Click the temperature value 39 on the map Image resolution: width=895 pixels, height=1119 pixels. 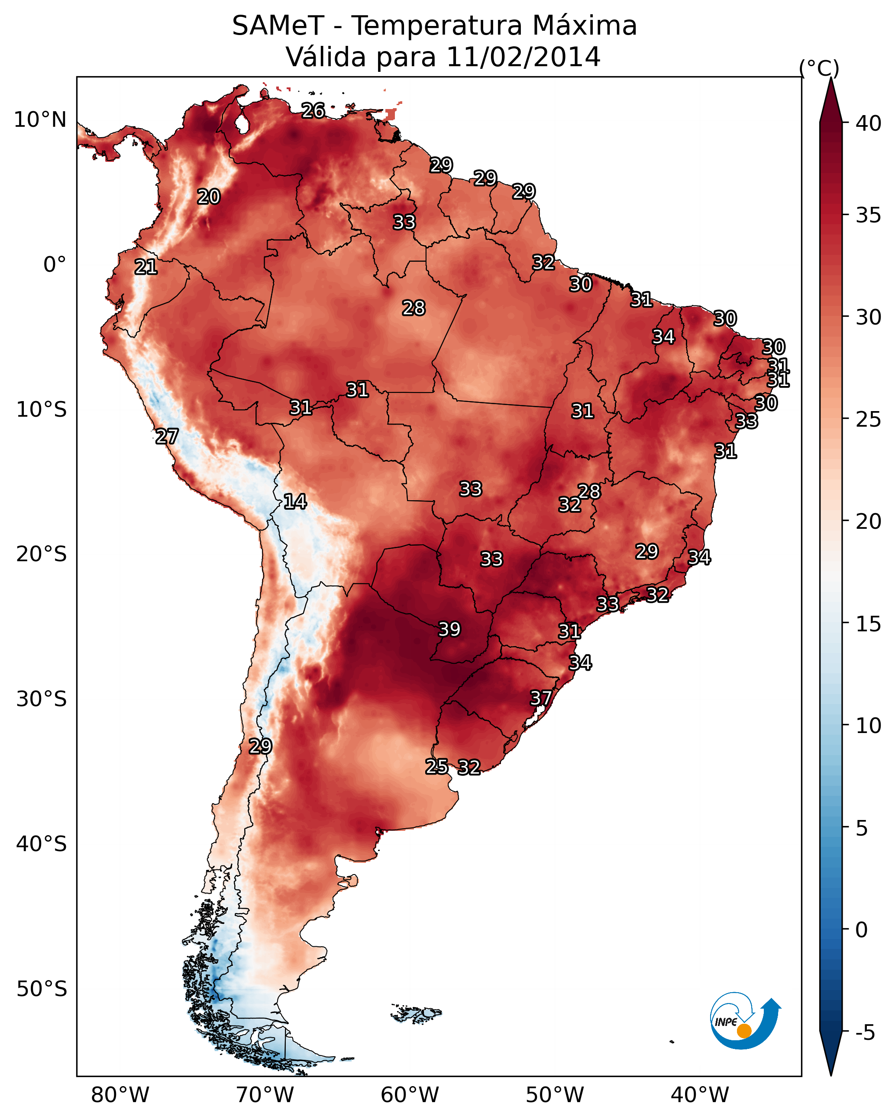[449, 629]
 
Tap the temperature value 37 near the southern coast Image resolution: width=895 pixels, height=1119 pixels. [541, 698]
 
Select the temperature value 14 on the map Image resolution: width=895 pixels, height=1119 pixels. [295, 502]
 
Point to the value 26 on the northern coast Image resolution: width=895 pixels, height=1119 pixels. [313, 110]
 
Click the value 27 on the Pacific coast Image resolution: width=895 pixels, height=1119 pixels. [167, 437]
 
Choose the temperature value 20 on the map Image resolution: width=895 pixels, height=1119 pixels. [209, 197]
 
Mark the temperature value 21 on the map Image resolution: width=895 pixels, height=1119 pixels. [146, 267]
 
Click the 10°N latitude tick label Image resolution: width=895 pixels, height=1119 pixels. [40, 120]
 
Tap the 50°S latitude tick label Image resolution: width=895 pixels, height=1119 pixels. [42, 989]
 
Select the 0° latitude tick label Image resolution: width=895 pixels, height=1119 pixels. [55, 265]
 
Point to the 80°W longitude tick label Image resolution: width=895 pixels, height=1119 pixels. [120, 1095]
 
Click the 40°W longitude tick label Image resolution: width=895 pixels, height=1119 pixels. [700, 1095]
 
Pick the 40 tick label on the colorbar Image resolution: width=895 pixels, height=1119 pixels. [869, 123]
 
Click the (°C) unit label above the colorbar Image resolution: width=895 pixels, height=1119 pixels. [819, 68]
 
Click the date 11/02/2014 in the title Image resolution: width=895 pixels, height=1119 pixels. [523, 57]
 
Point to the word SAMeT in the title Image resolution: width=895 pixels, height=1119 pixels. [278, 26]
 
